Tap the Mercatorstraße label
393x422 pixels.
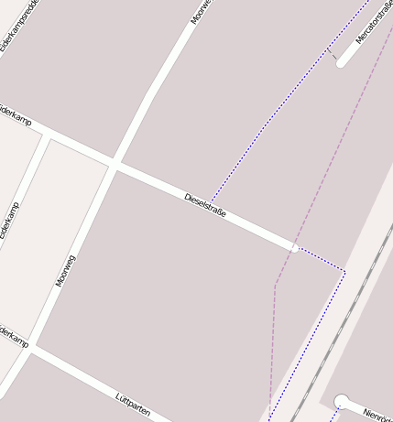tap(366, 27)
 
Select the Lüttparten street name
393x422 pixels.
tap(133, 404)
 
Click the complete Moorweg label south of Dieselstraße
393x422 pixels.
tap(65, 271)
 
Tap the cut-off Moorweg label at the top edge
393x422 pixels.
tap(200, 11)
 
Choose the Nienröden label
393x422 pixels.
tap(377, 414)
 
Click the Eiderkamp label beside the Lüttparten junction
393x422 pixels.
tap(13, 337)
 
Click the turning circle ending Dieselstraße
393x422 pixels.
tap(294, 247)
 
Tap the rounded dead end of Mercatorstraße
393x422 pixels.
tap(342, 62)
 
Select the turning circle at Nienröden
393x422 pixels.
tap(342, 400)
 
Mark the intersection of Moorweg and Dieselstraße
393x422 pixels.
tap(115, 165)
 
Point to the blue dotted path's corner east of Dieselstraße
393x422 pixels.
tap(344, 270)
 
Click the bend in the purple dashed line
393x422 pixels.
tap(275, 285)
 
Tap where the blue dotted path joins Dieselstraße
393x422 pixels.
tap(211, 201)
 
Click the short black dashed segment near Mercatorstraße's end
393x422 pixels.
tap(333, 55)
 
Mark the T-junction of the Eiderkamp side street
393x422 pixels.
tap(47, 135)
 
